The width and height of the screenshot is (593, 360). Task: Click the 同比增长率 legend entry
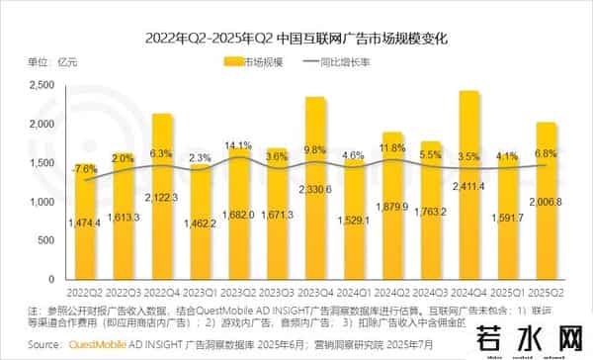pyautogui.click(x=357, y=63)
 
